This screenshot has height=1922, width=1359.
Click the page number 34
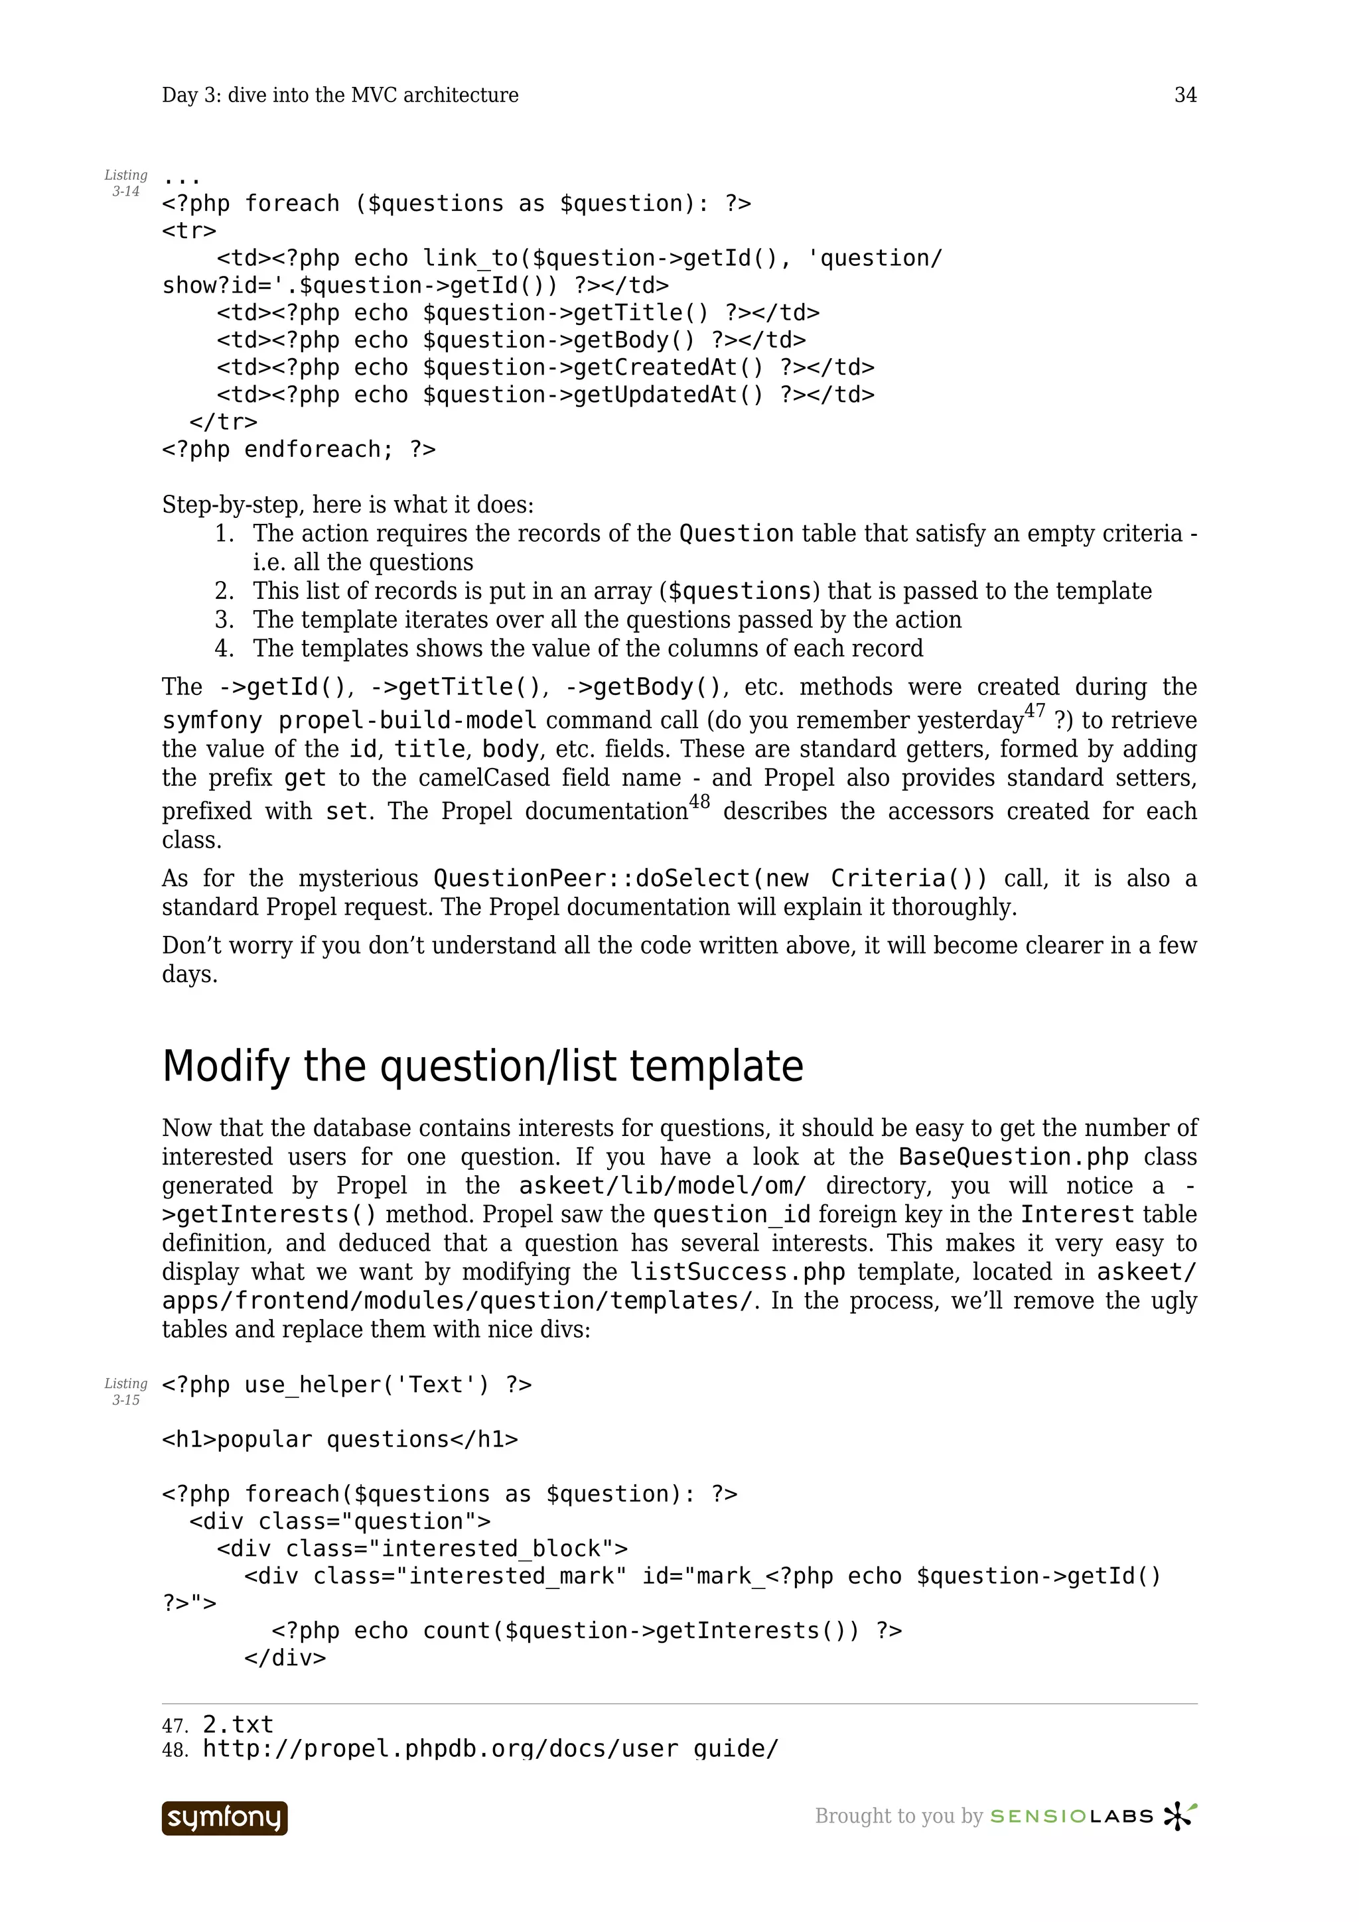tap(1185, 96)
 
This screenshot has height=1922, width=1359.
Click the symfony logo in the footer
tap(224, 1818)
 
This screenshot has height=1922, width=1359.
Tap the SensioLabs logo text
tap(1072, 1817)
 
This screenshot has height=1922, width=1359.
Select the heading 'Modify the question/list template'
tap(482, 1066)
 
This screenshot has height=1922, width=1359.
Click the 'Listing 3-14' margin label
tap(125, 183)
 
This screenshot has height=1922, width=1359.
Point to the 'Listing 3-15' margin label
tap(125, 1391)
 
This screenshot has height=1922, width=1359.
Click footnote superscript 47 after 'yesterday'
tap(1035, 712)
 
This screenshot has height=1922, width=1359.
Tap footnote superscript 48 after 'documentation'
tap(699, 802)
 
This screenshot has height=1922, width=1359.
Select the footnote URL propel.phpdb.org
tap(490, 1749)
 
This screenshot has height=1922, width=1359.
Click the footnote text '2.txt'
tap(238, 1724)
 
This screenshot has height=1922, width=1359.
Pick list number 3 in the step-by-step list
tap(224, 620)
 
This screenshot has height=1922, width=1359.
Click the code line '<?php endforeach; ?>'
tap(299, 450)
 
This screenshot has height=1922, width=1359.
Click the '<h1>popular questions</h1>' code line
tap(340, 1440)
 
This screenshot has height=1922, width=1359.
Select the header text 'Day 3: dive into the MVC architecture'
tap(340, 96)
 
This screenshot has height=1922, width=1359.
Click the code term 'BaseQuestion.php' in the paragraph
tap(1013, 1157)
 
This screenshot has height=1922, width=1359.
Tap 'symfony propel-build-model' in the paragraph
tap(349, 721)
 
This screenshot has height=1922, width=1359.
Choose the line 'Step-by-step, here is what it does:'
tap(348, 505)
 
